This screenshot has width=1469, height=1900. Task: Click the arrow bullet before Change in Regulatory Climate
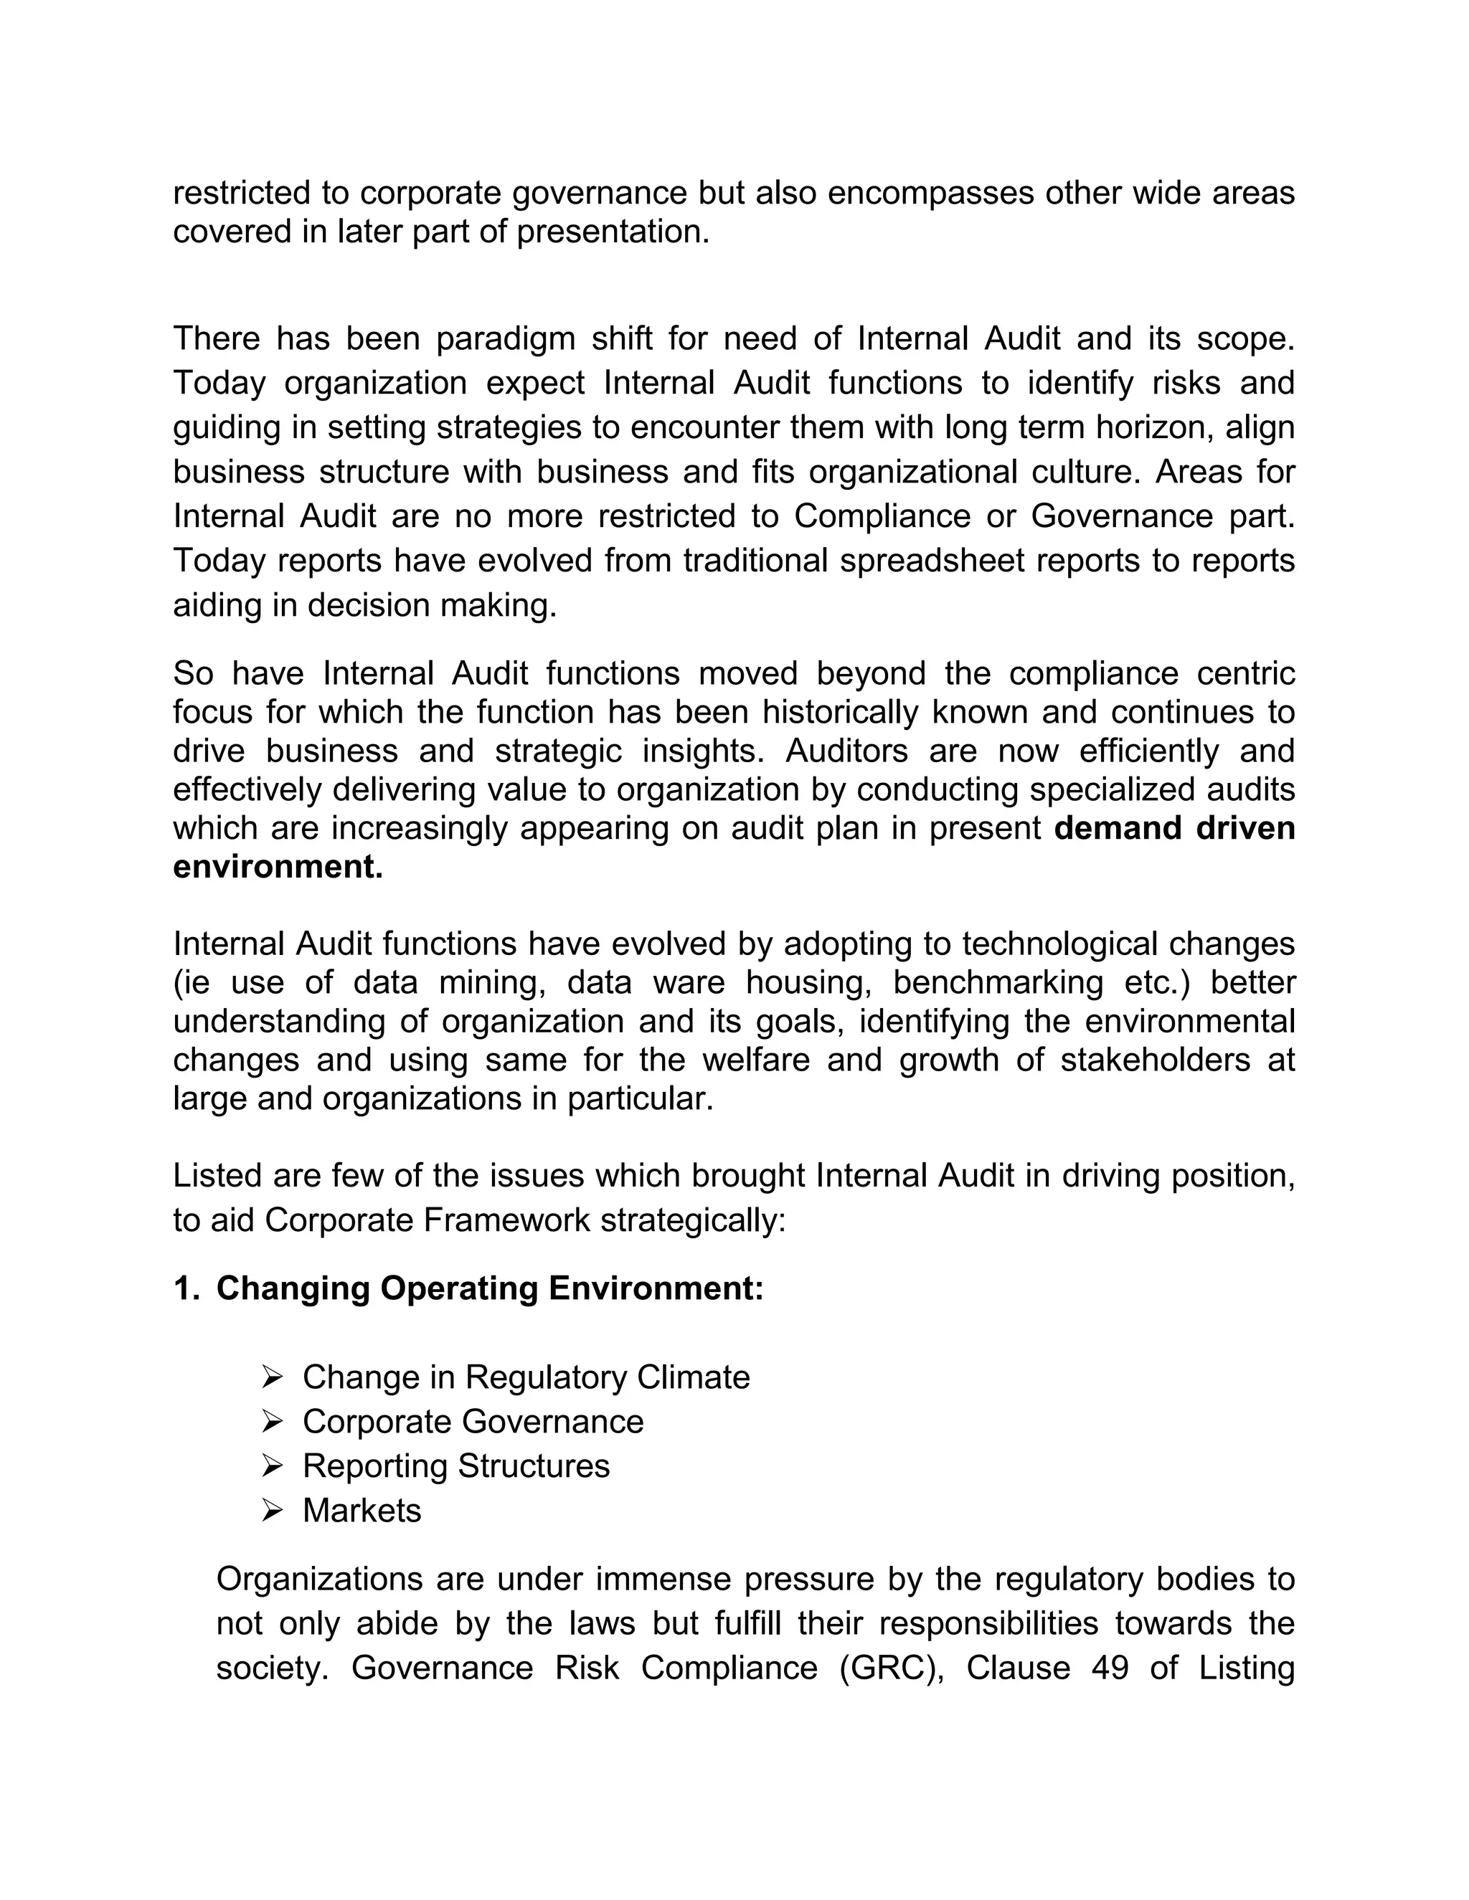tap(273, 1377)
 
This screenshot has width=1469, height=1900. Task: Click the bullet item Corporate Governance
tap(473, 1422)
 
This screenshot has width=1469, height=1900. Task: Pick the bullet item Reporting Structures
tap(455, 1466)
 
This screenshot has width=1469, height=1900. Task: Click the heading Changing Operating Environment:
tap(489, 1288)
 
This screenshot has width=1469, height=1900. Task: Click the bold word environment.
tap(278, 867)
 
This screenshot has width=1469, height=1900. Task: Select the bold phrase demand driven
tap(1174, 827)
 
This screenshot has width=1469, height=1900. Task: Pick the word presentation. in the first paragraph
tap(613, 232)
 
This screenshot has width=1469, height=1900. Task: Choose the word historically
tap(840, 712)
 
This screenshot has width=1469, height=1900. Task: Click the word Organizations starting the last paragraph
tap(319, 1579)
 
